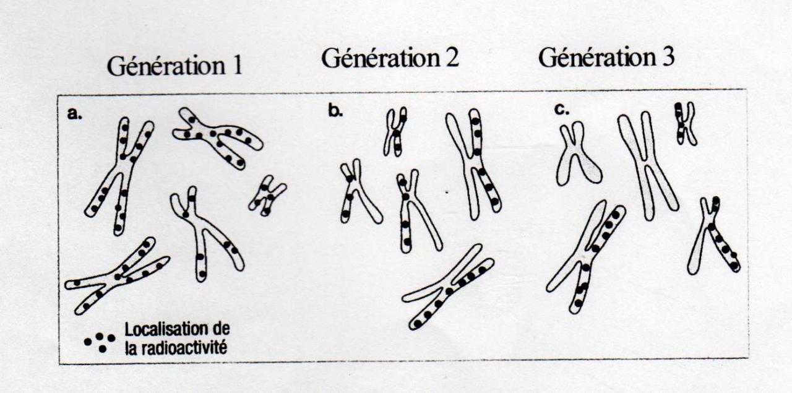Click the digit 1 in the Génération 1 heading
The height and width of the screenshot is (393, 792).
[x=236, y=65]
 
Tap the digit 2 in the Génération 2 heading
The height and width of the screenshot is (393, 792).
[x=452, y=58]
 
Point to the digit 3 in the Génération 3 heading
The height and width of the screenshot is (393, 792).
[x=668, y=57]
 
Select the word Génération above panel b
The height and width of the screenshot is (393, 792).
[x=381, y=58]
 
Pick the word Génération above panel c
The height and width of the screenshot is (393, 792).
[x=598, y=58]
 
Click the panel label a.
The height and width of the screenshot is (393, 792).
[x=75, y=114]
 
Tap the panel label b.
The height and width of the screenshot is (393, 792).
[x=335, y=111]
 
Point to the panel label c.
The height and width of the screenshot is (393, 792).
[x=562, y=111]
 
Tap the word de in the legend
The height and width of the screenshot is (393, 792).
[x=222, y=329]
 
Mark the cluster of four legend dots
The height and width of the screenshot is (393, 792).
[x=100, y=342]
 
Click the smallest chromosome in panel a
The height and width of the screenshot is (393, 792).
[x=267, y=195]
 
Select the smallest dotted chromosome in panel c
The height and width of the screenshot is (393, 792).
[x=684, y=123]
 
